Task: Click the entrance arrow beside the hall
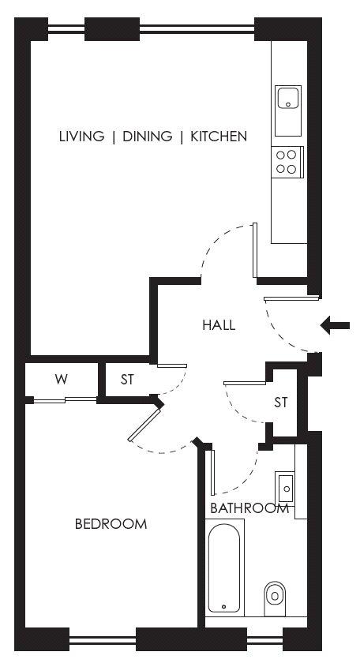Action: point(335,325)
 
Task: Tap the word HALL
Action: point(219,325)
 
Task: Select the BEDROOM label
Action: point(111,524)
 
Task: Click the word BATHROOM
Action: point(249,508)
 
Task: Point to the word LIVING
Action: point(81,136)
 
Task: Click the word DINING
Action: point(147,136)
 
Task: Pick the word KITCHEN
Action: point(219,136)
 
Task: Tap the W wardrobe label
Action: point(61,380)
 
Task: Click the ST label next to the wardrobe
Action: point(127,380)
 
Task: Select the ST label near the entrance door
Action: point(281,402)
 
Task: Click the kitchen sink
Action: point(288,110)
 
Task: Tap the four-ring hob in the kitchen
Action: point(287,162)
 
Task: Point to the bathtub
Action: point(224,567)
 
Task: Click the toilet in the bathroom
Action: point(275,599)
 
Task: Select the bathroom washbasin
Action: point(286,489)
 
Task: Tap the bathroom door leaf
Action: point(212,472)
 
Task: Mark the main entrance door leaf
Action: point(291,298)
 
